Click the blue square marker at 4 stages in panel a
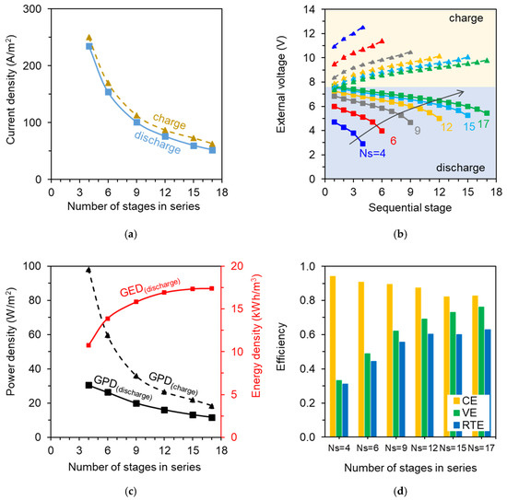coord(89,46)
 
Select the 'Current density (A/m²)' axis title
coord(12,94)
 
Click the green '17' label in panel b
coord(485,124)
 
